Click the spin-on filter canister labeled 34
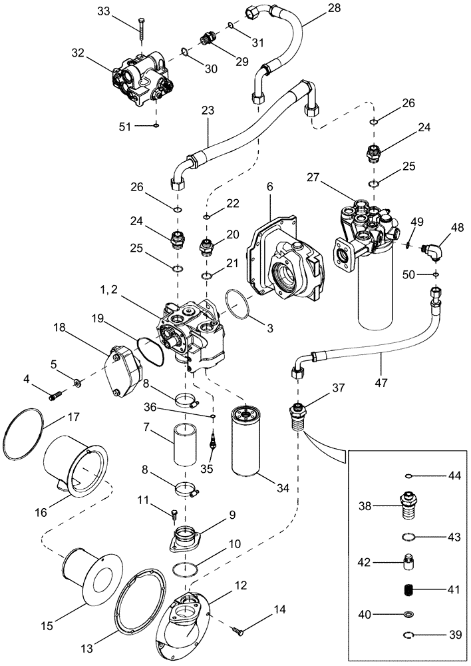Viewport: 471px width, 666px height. [250, 440]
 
